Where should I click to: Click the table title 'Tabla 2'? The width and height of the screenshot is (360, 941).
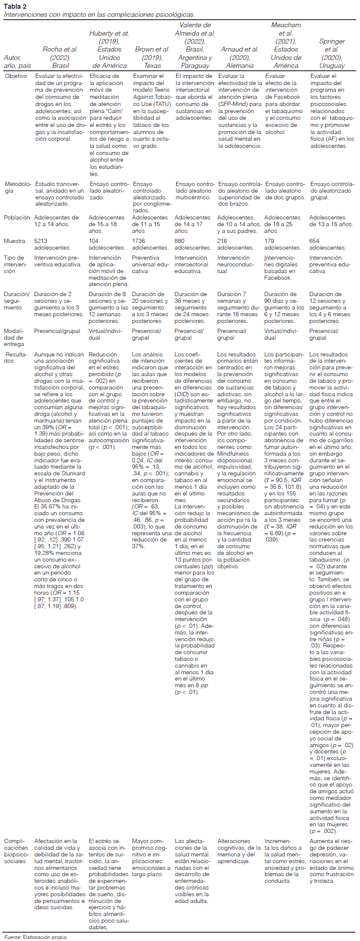tap(15, 6)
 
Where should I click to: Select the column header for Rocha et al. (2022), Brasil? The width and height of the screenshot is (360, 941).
tap(60, 57)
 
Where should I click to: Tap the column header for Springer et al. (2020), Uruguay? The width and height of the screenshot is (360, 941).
tap(332, 53)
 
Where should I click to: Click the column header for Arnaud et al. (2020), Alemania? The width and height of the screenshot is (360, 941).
tap(239, 57)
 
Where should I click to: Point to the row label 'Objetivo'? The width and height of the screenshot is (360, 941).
tap(16, 76)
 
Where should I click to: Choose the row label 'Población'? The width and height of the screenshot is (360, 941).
tap(17, 218)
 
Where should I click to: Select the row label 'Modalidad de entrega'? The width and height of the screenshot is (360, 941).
tap(14, 338)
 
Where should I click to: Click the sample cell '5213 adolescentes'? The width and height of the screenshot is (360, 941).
tap(52, 245)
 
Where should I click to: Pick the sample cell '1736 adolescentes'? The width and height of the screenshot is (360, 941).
tap(150, 245)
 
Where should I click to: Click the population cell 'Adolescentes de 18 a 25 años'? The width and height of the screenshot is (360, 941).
tap(282, 224)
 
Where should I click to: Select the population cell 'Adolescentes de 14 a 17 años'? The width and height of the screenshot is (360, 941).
tap(193, 224)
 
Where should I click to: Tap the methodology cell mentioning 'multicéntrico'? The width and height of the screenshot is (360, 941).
tap(195, 191)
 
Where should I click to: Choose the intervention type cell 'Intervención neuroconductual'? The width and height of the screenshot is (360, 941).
tap(235, 264)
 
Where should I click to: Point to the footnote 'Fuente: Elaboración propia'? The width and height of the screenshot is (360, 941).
tap(36, 937)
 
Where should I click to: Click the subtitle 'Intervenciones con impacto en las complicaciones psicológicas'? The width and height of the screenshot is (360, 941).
tap(99, 15)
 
